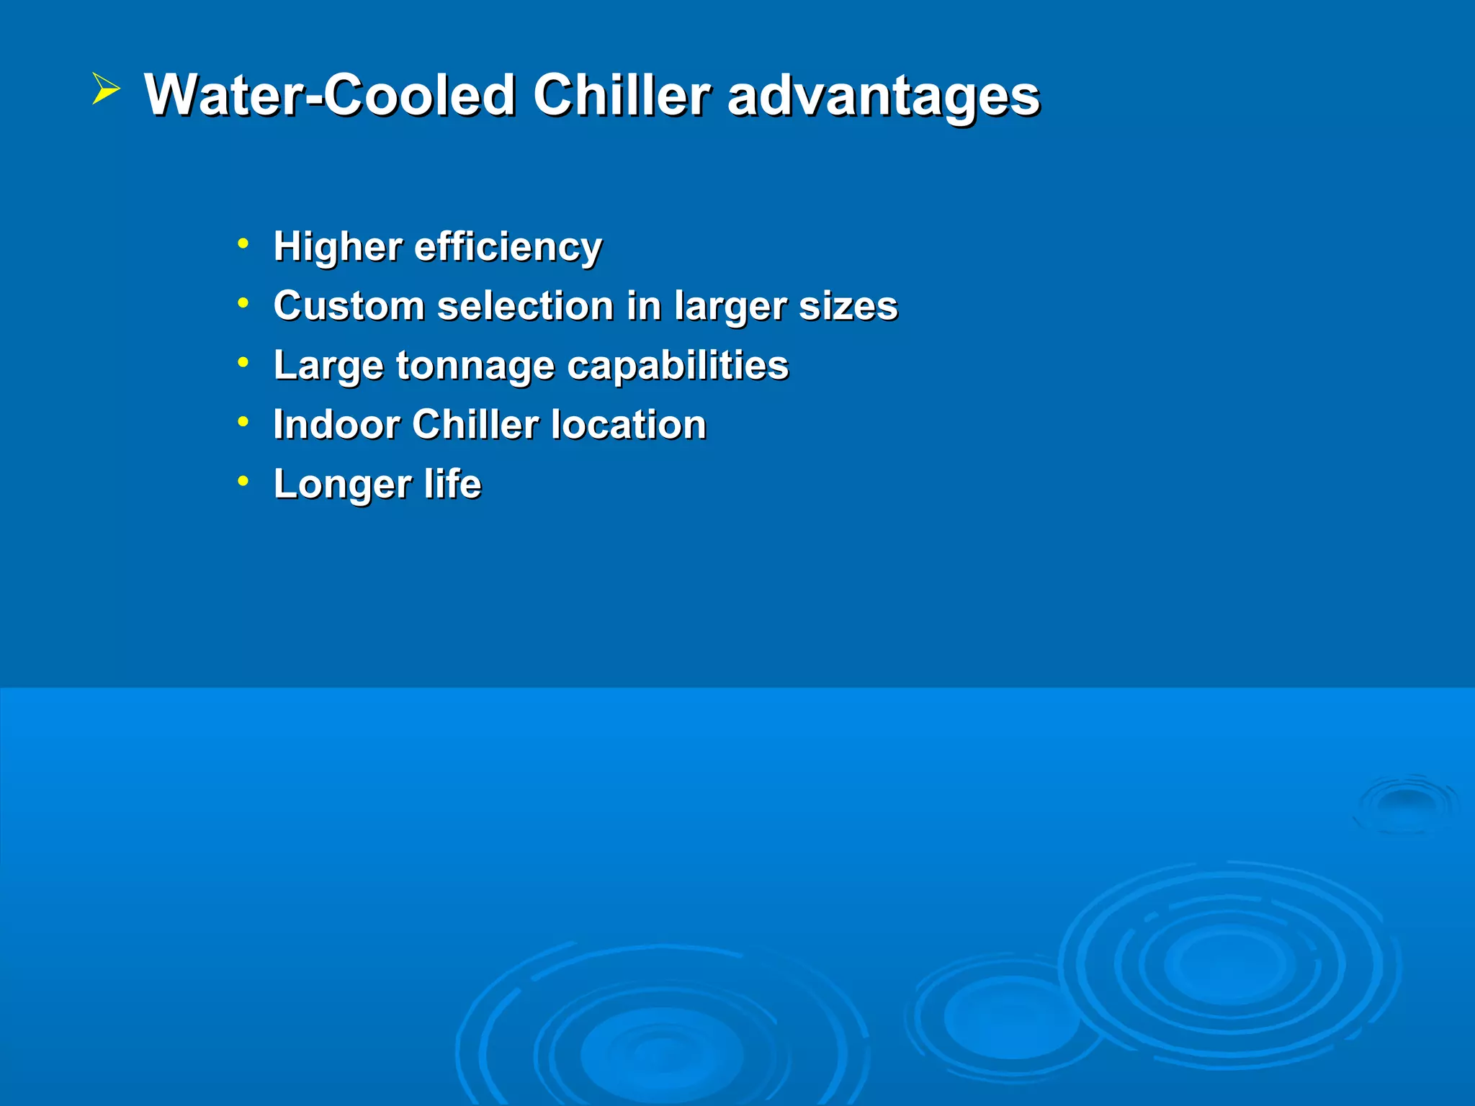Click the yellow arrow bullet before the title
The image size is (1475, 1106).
tap(105, 90)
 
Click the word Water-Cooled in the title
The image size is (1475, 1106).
tap(330, 95)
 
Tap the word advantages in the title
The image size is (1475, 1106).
tap(883, 96)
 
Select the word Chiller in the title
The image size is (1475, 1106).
tap(621, 95)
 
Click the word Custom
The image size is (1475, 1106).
tap(349, 306)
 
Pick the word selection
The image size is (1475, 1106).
tap(525, 306)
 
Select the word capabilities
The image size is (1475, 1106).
tap(678, 367)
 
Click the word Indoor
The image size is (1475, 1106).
tap(336, 425)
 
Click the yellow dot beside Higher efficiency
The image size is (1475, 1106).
tap(243, 243)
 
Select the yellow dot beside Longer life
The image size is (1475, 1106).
tap(243, 480)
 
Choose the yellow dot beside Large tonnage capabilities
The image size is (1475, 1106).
tap(243, 361)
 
